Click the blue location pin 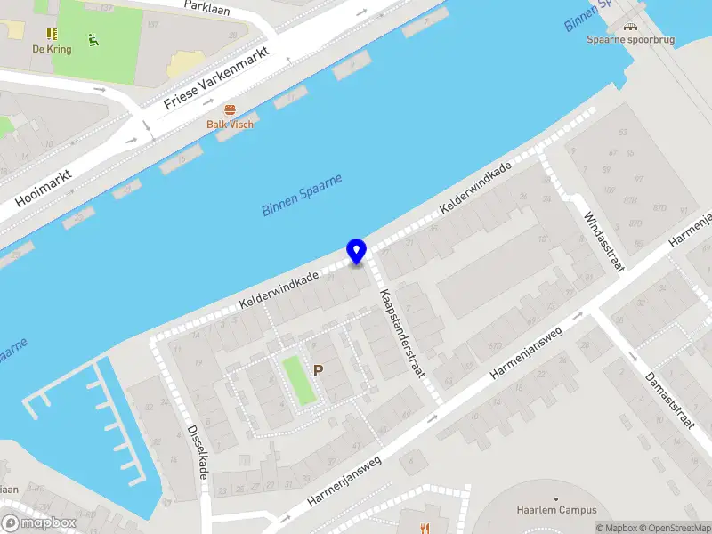click(x=356, y=251)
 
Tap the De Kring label click(x=52, y=50)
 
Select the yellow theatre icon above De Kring click(x=52, y=35)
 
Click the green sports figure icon click(x=93, y=39)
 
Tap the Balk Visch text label click(x=230, y=125)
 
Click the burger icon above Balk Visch click(x=230, y=109)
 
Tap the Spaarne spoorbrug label click(x=631, y=39)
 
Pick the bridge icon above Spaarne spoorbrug click(x=631, y=27)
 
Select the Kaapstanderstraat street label click(x=401, y=334)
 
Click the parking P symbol click(x=318, y=370)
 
